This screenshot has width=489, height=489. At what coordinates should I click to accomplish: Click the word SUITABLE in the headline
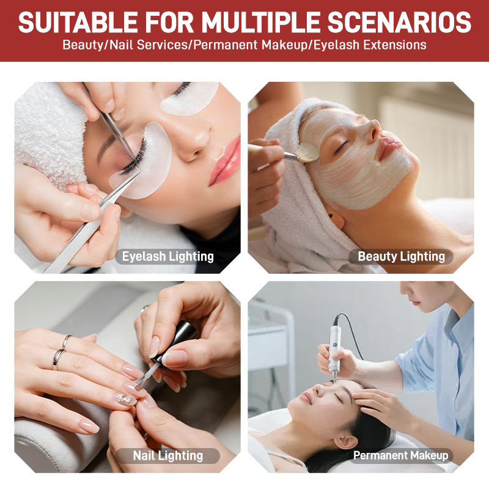click(78, 22)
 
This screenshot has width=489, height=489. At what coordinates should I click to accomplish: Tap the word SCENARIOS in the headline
click(399, 22)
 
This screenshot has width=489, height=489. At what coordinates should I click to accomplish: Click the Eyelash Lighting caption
click(167, 257)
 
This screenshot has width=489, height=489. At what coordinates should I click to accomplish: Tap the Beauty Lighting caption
click(402, 256)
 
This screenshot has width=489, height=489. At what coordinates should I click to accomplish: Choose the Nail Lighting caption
click(167, 455)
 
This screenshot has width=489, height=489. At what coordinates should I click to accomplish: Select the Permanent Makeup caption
click(401, 455)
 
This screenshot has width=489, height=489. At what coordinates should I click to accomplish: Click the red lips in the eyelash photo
click(225, 161)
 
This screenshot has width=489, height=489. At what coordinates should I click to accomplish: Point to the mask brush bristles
click(307, 152)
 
